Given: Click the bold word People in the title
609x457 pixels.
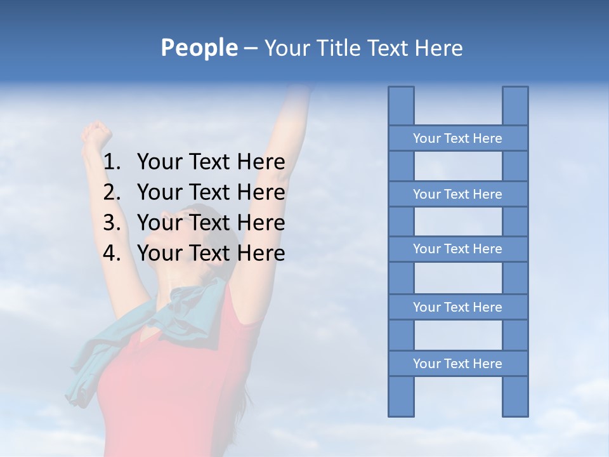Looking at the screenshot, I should [x=199, y=48].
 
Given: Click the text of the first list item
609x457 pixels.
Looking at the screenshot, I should [x=211, y=162].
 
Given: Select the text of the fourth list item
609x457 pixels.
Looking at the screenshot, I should [x=211, y=253].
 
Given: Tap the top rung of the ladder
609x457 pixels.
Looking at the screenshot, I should [x=457, y=138].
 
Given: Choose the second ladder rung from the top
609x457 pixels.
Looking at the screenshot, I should [x=457, y=194].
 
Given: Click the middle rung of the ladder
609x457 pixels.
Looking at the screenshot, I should [x=457, y=249].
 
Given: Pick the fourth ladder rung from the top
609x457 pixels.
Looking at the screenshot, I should [x=457, y=307].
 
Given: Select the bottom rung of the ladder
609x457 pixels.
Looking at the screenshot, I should [x=457, y=363].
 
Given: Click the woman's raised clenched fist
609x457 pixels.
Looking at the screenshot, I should [x=96, y=134].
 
